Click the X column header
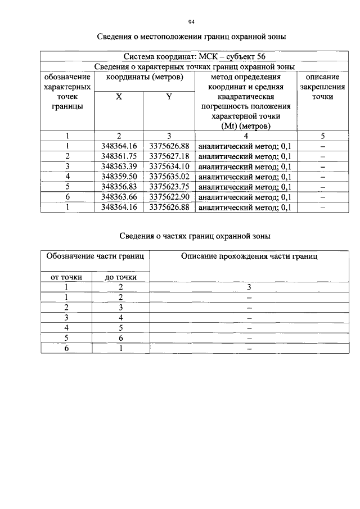[119, 96]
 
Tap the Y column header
[169, 96]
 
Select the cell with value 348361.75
[119, 156]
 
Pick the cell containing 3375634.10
[169, 166]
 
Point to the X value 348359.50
[119, 177]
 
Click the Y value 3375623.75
[169, 187]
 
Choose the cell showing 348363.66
[119, 197]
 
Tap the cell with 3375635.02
[169, 177]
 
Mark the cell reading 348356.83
[119, 187]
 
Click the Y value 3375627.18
[169, 156]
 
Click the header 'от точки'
[66, 277]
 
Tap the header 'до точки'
[120, 277]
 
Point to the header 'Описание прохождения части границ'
[249, 256]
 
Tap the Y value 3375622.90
[169, 197]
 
